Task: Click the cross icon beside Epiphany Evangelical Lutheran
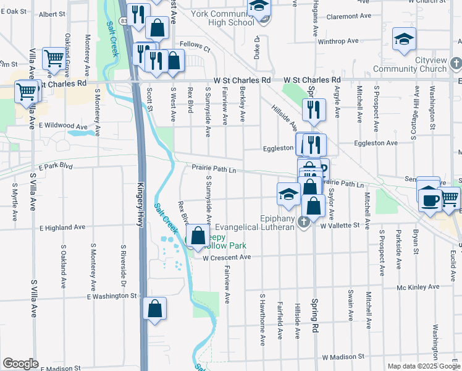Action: pyautogui.click(x=303, y=222)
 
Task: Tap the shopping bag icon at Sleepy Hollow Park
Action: pyautogui.click(x=198, y=236)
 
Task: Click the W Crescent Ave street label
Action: pyautogui.click(x=227, y=257)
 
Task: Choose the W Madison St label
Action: pyautogui.click(x=343, y=357)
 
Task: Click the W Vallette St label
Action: pyautogui.click(x=339, y=226)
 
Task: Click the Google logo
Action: pyautogui.click(x=20, y=363)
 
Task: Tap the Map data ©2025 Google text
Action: pyautogui.click(x=423, y=366)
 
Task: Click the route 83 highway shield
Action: pyautogui.click(x=125, y=21)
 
